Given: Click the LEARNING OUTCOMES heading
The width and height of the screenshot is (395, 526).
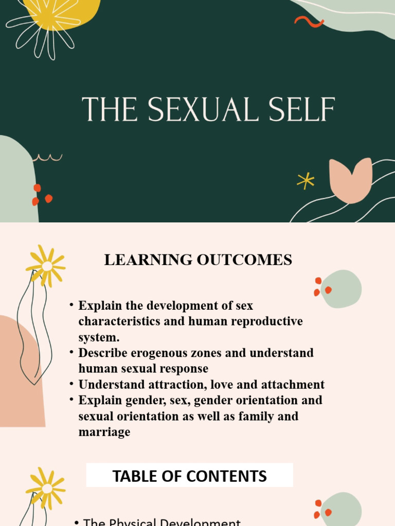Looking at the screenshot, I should pyautogui.click(x=198, y=260).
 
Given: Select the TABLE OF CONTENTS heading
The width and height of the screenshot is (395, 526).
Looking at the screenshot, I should pyautogui.click(x=189, y=476).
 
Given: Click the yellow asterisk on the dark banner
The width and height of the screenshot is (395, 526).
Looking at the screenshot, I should pyautogui.click(x=306, y=180).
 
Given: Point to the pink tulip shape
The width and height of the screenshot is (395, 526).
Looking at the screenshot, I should pyautogui.click(x=350, y=179).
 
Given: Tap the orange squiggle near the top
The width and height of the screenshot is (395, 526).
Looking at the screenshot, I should pyautogui.click(x=309, y=22).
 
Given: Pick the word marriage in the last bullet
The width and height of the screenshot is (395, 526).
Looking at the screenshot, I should pyautogui.click(x=104, y=431).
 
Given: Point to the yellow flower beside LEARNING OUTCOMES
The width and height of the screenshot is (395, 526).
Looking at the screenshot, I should pyautogui.click(x=46, y=265).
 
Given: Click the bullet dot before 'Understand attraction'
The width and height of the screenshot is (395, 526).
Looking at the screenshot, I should pyautogui.click(x=71, y=384).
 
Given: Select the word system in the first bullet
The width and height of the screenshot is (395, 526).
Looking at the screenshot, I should pyautogui.click(x=98, y=337).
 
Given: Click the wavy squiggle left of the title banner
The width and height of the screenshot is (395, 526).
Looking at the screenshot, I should pyautogui.click(x=47, y=158).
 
